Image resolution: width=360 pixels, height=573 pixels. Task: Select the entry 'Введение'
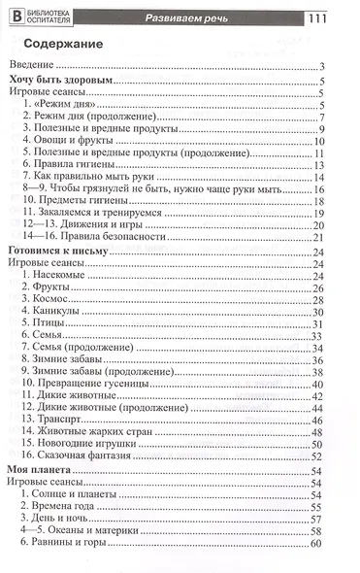[34, 66]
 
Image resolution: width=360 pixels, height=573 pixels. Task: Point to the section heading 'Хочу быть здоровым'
[66, 82]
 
